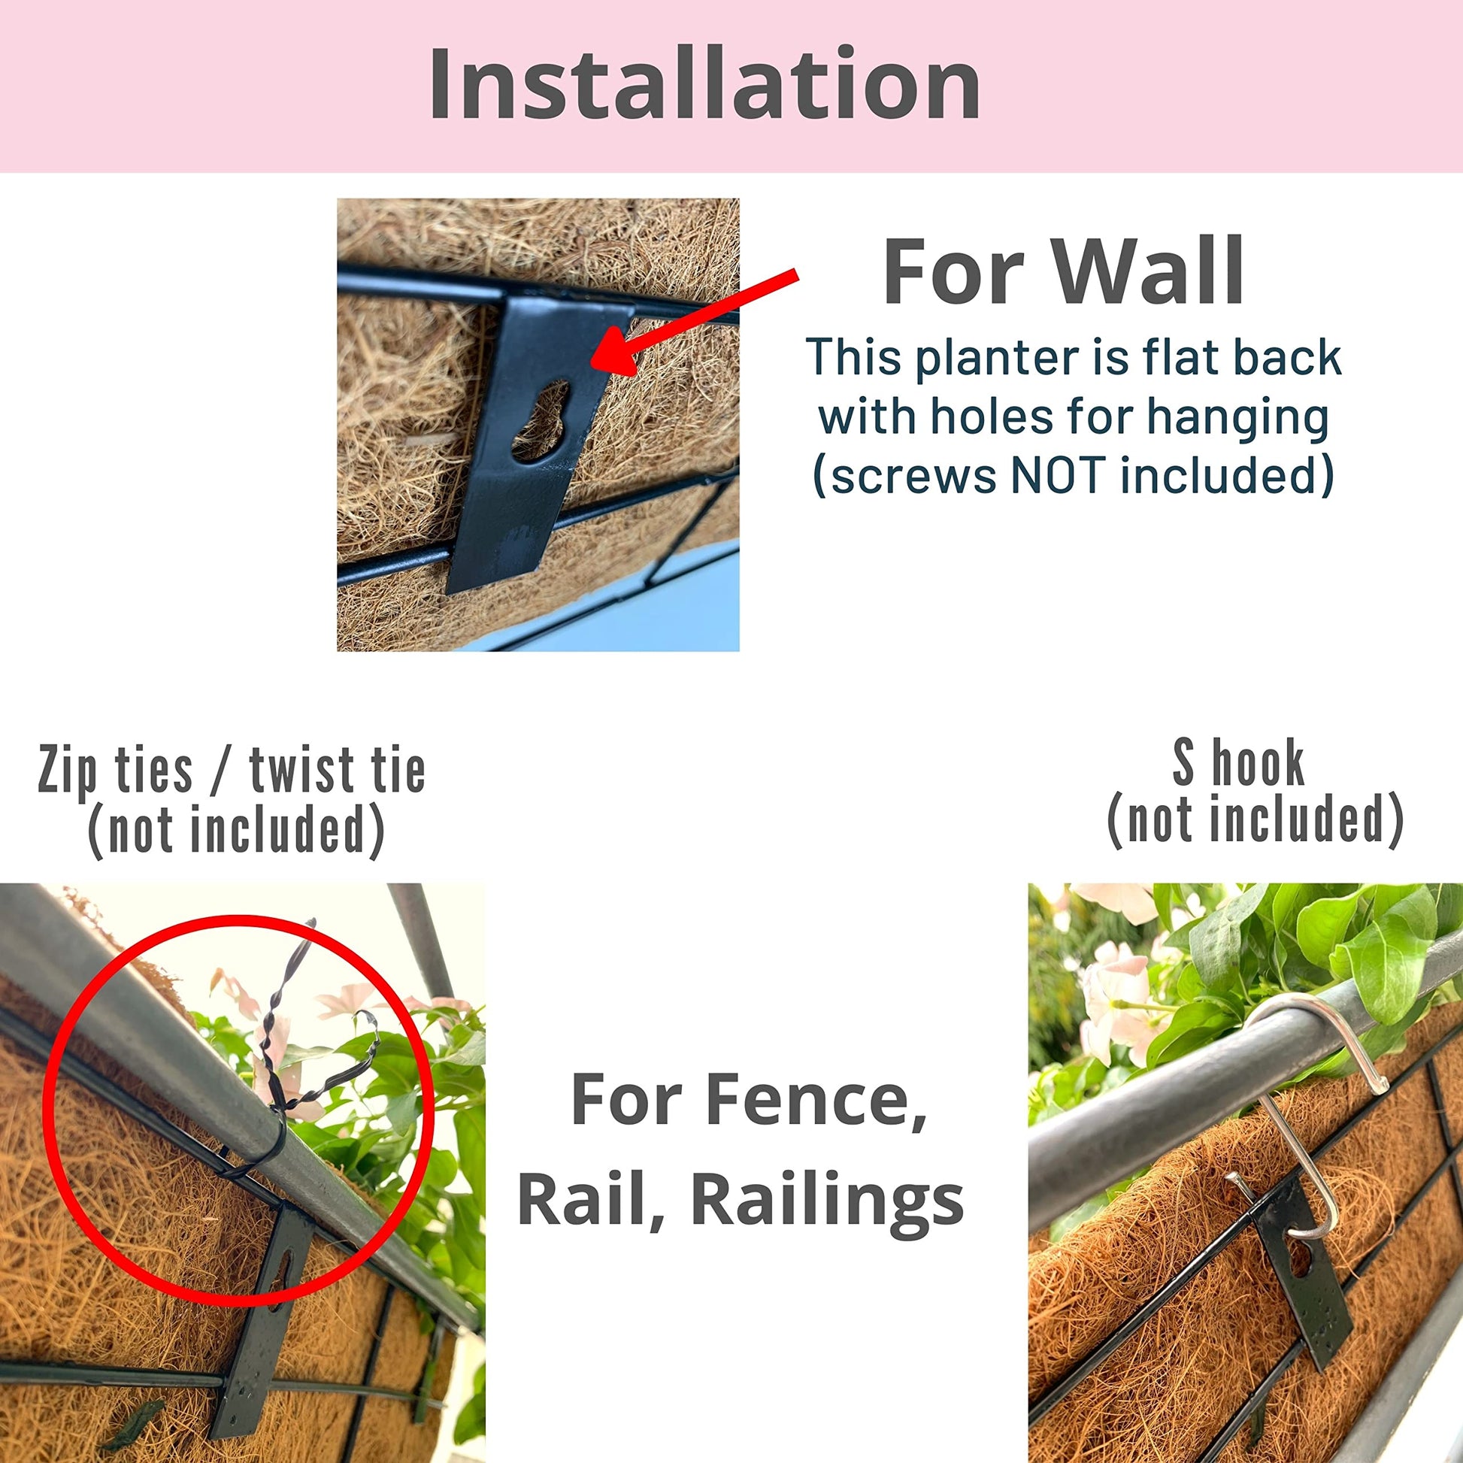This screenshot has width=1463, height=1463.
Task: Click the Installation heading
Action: pyautogui.click(x=704, y=83)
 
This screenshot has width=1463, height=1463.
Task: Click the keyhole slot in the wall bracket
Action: pyautogui.click(x=540, y=421)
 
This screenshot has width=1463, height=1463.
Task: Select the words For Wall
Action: pyautogui.click(x=1064, y=271)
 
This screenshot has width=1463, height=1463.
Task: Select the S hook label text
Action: pyautogui.click(x=1239, y=762)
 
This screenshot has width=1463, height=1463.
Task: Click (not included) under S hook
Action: pyautogui.click(x=1256, y=820)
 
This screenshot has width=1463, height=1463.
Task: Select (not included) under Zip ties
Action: pyautogui.click(x=236, y=831)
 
